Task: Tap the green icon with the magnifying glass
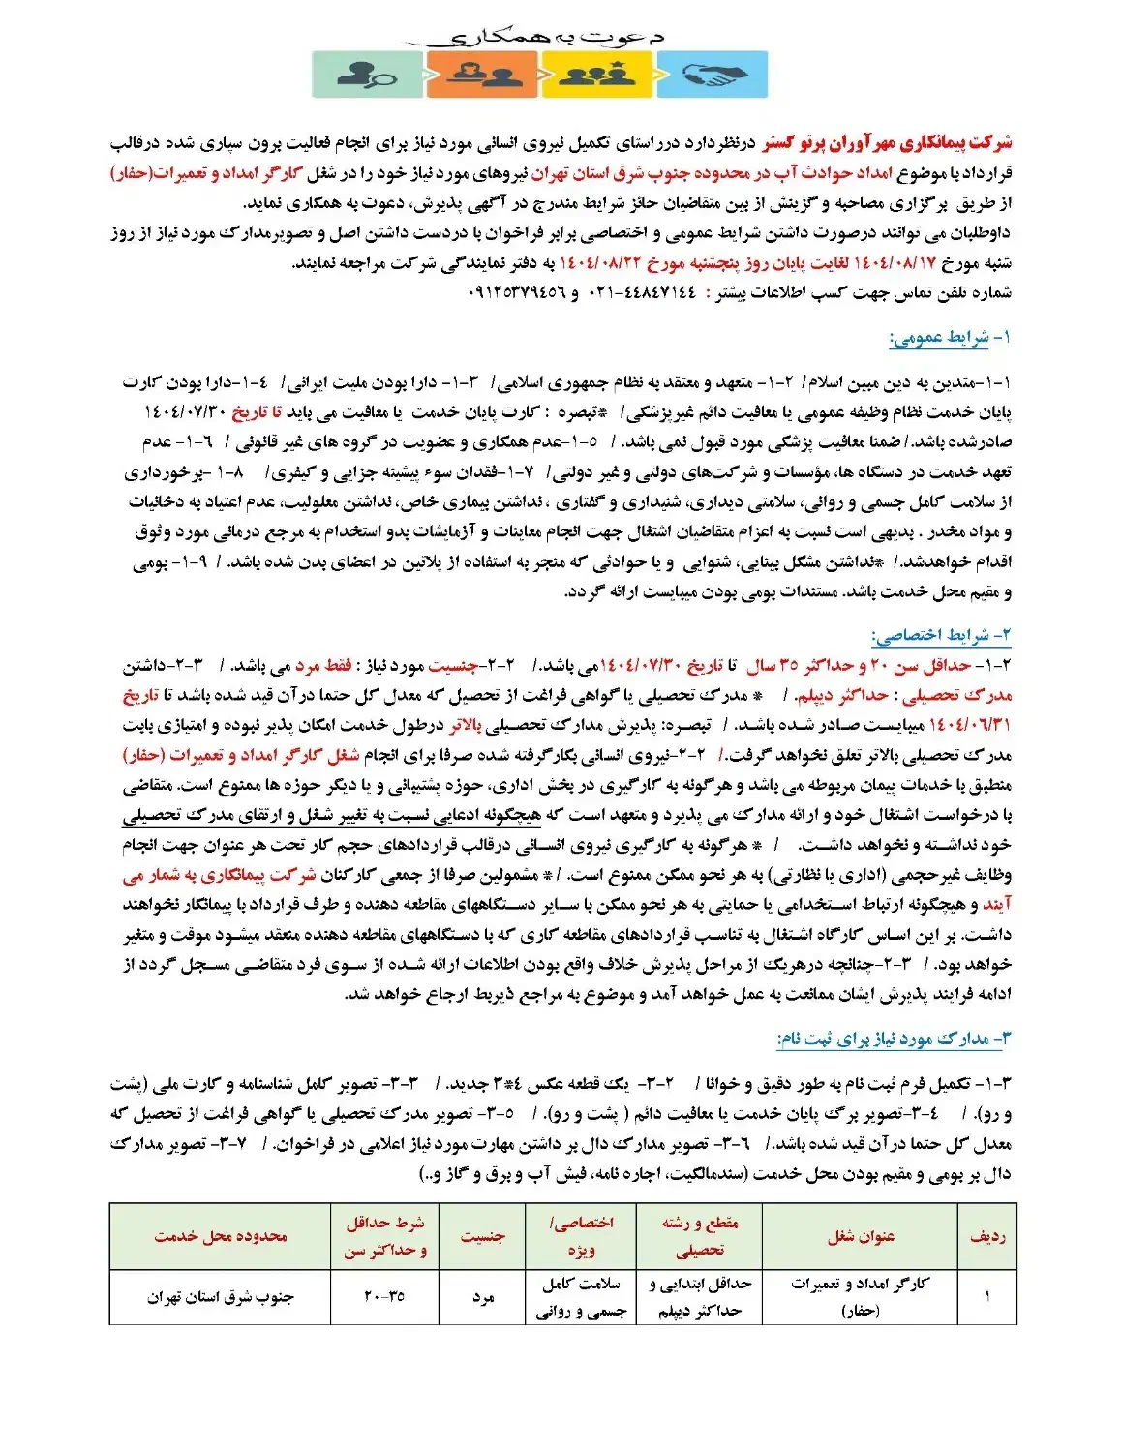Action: (x=367, y=75)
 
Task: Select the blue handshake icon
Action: (x=713, y=75)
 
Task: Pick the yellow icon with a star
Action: (x=596, y=75)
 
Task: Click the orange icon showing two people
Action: (x=481, y=75)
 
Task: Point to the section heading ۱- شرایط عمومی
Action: (x=950, y=338)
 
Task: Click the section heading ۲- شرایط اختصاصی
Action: (x=941, y=635)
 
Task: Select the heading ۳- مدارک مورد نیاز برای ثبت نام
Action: (x=894, y=1039)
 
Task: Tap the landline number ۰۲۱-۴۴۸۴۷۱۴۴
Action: (x=645, y=292)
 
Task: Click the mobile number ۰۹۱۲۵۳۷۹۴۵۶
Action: (x=518, y=292)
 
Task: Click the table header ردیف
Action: (x=986, y=1236)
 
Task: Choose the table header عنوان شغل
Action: (x=861, y=1236)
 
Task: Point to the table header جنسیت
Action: (x=482, y=1236)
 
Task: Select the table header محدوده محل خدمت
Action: (x=221, y=1236)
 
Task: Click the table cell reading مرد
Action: (x=482, y=1297)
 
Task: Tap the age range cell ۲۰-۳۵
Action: (x=384, y=1297)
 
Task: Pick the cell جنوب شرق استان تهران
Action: (x=221, y=1297)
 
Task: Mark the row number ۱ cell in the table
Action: (x=986, y=1297)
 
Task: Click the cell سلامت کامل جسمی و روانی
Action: (x=581, y=1297)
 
